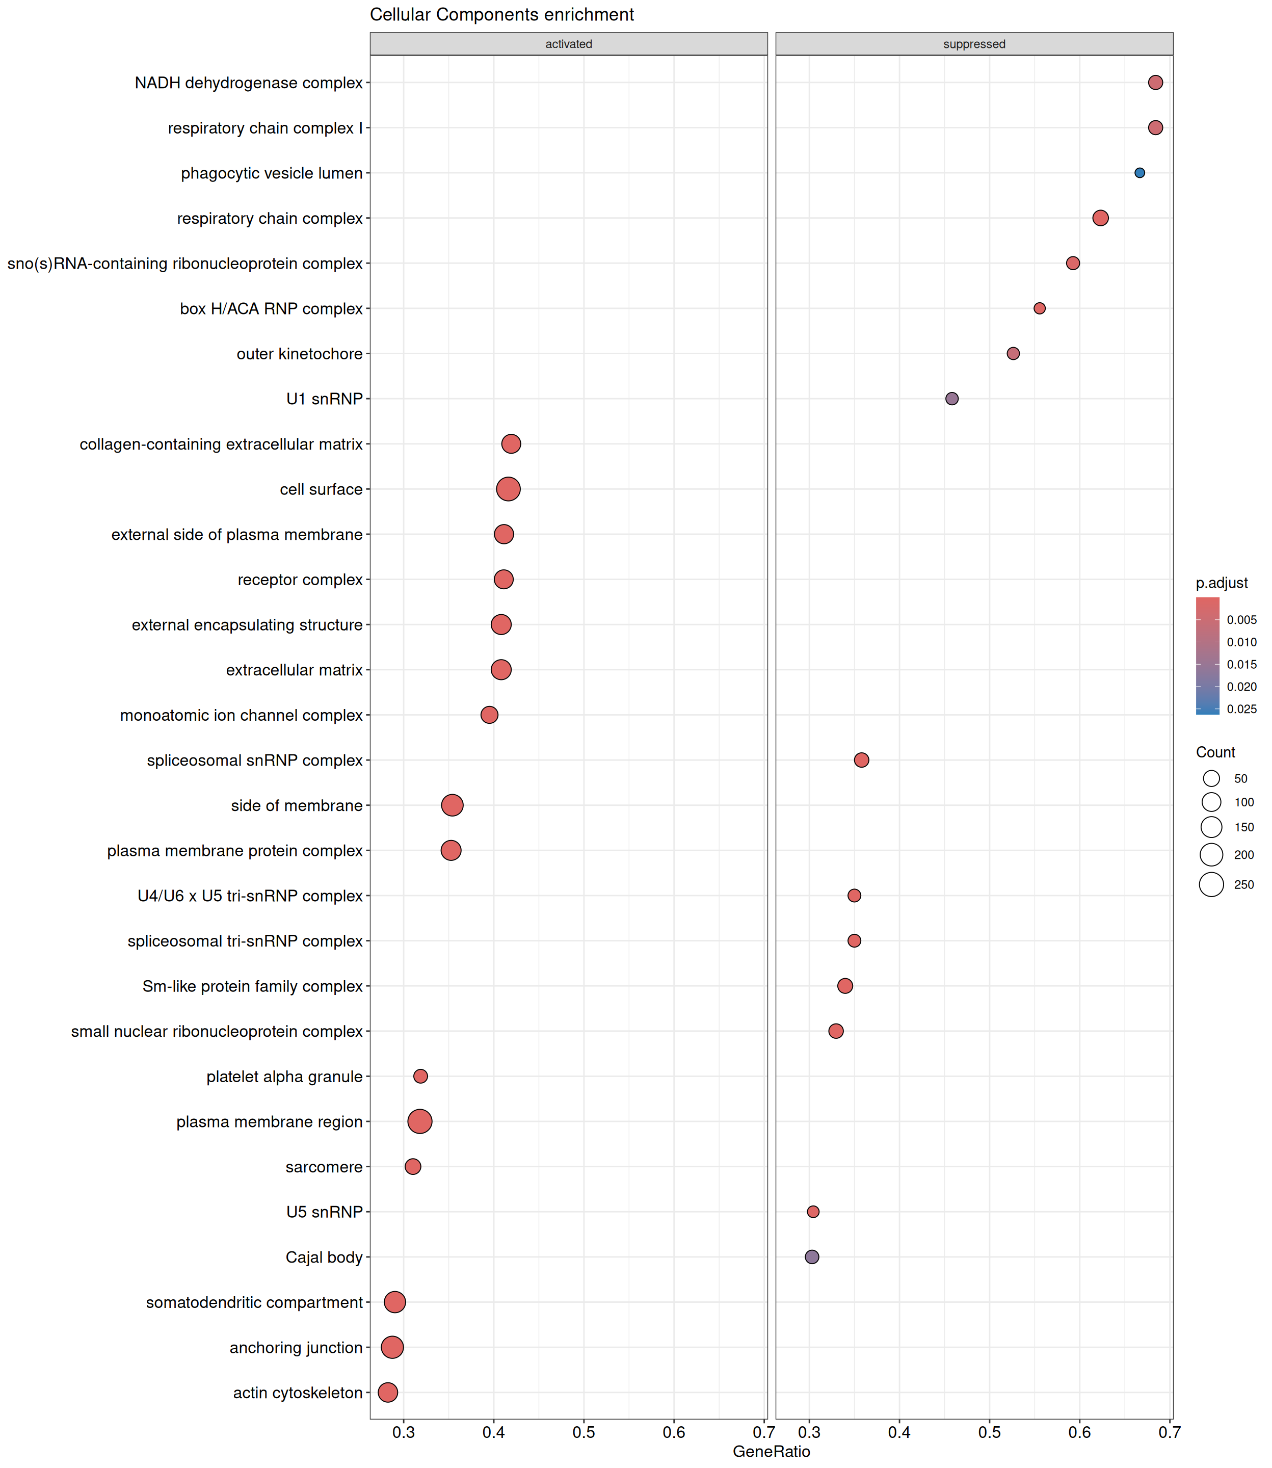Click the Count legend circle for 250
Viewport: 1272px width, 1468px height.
click(x=1212, y=884)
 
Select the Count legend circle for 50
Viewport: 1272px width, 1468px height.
click(x=1212, y=779)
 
